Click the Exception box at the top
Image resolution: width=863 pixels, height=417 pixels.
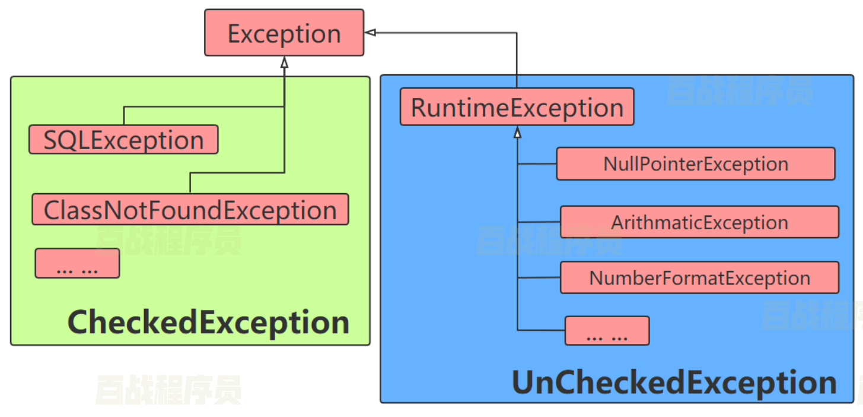284,33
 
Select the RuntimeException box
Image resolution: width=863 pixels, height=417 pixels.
517,107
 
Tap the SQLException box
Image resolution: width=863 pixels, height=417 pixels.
123,140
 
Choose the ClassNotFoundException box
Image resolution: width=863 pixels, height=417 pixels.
190,210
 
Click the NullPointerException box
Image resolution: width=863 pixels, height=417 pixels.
695,164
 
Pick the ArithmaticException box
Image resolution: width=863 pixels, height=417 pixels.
699,222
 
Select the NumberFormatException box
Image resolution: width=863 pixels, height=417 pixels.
699,278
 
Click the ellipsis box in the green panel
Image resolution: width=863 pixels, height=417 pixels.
77,263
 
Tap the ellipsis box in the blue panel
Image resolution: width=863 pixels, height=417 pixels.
607,331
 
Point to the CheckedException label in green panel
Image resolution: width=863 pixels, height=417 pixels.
208,322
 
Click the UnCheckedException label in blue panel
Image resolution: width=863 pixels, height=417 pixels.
674,383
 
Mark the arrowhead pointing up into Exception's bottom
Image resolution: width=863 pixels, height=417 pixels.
284,62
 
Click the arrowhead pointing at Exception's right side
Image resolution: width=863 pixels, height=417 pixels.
371,33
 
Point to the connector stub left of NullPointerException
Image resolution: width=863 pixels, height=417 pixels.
537,164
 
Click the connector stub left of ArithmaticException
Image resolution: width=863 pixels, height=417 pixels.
539,222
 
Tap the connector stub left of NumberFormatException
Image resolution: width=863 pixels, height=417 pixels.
539,278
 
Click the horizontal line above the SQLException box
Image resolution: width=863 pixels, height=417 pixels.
202,108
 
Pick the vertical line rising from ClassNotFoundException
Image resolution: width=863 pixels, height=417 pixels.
190,183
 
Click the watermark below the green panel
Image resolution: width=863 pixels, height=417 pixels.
168,389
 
